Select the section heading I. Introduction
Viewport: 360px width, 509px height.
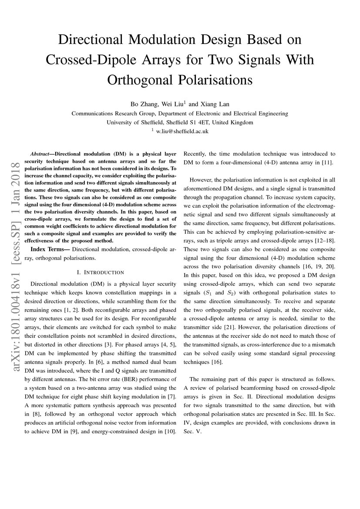tap(100, 272)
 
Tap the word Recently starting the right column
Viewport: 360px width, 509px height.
tap(197, 154)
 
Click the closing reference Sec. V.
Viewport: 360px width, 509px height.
tap(192, 432)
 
